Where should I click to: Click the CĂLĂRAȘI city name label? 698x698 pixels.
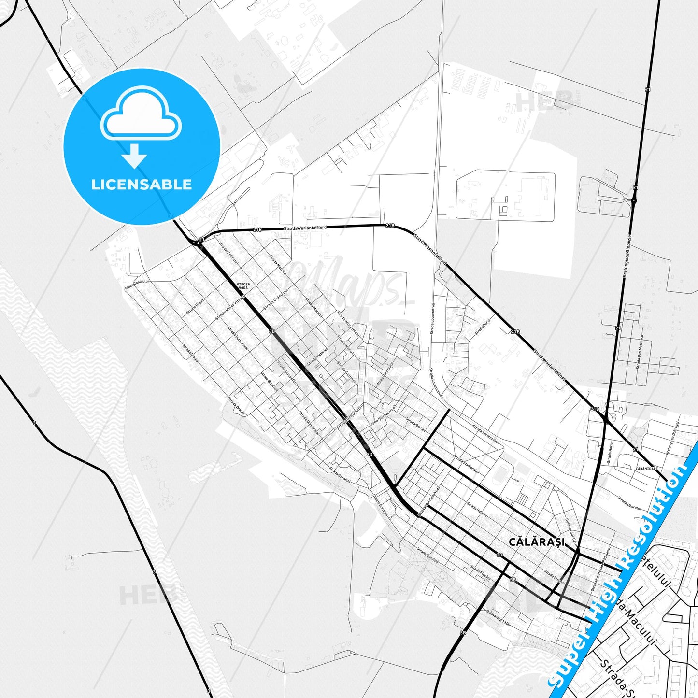pos(537,542)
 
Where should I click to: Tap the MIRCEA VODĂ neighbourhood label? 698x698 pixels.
pos(243,285)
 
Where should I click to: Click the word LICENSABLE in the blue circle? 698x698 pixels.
pos(142,185)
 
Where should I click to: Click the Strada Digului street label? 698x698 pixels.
pos(196,306)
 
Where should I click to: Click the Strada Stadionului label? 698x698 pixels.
pos(466,463)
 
